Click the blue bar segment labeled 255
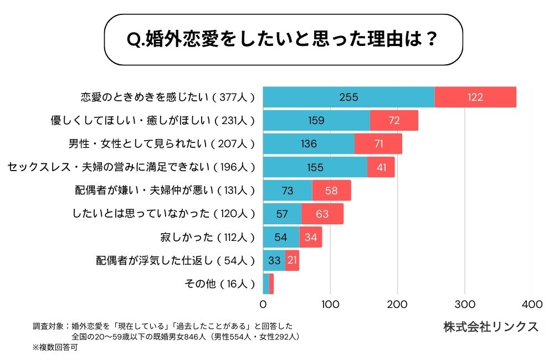coord(348,97)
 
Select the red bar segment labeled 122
coord(475,97)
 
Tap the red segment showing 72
coord(394,120)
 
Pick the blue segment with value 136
coord(309,144)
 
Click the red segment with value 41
coord(381,167)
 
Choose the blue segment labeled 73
coord(288,191)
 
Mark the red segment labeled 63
coord(322,214)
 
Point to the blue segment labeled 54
coord(281,237)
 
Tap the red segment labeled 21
coord(292,260)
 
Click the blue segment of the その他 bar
coord(266,284)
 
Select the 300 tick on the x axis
coord(464,304)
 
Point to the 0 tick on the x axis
coord(263,304)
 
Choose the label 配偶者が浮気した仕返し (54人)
coord(175,260)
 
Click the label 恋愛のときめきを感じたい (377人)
coord(167,97)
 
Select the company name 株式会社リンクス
coord(490,327)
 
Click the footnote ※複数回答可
coord(55,348)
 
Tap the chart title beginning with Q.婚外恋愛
coord(283,40)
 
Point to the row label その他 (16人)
coord(219,284)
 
